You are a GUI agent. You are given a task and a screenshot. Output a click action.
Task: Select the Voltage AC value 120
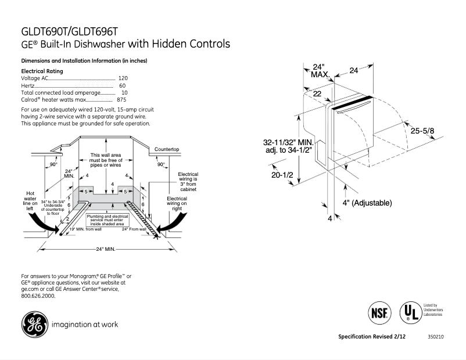123,78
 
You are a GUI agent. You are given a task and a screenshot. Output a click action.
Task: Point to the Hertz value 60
123,85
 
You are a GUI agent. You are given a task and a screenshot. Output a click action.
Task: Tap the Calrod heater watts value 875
121,100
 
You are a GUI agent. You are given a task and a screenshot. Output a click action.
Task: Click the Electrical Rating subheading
41,71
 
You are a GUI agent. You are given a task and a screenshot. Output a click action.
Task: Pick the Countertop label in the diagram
166,149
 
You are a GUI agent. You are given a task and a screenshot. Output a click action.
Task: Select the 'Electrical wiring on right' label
177,204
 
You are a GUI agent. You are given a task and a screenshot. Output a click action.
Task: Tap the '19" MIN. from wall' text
85,229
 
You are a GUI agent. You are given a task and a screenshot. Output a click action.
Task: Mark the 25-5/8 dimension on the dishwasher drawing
422,132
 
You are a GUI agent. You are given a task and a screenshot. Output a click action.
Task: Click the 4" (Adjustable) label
367,203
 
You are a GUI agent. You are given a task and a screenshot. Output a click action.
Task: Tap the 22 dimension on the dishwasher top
317,93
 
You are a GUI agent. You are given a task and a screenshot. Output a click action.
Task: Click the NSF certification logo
378,312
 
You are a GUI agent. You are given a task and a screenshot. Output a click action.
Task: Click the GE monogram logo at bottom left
35,325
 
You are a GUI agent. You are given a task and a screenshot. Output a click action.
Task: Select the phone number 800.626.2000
38,296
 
